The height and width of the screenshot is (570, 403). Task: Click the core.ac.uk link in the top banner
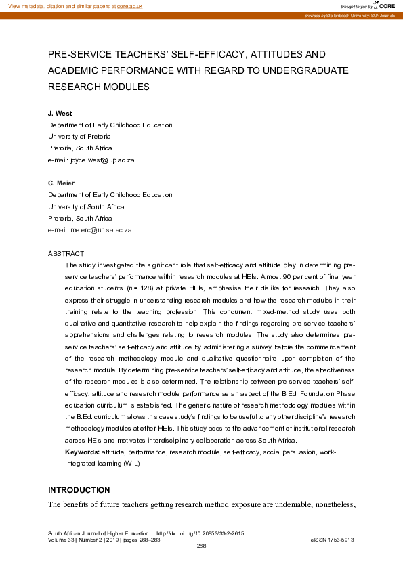click(129, 5)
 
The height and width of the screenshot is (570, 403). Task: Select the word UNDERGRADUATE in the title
click(300, 70)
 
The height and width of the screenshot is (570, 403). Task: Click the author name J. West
click(60, 114)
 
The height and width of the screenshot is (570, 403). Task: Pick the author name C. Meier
click(62, 183)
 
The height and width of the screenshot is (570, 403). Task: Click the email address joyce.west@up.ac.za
click(91, 160)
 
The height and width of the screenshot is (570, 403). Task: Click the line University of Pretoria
click(79, 137)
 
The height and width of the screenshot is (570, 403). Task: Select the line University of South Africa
click(86, 206)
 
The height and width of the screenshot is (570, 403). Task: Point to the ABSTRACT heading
click(66, 253)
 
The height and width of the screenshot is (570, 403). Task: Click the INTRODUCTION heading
click(79, 489)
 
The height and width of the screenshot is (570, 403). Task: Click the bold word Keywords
click(81, 452)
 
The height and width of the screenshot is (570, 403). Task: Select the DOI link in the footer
click(200, 533)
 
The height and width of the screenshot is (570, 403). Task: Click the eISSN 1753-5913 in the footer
click(332, 540)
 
